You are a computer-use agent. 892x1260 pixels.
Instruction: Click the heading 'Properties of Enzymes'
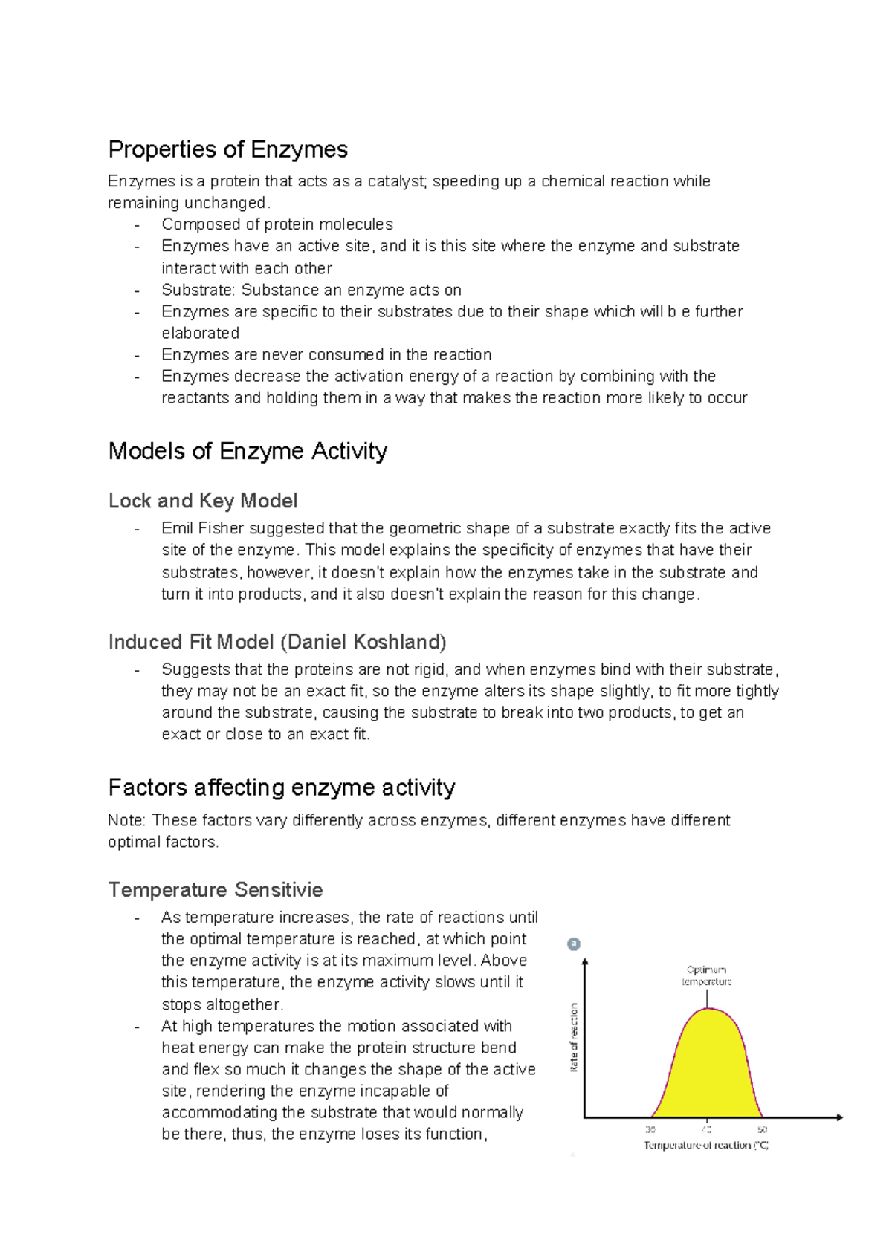click(227, 149)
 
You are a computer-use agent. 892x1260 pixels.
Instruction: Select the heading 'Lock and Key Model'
click(203, 501)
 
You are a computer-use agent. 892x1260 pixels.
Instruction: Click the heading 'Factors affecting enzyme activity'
click(281, 787)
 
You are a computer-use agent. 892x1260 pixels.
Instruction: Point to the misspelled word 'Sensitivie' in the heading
click(279, 889)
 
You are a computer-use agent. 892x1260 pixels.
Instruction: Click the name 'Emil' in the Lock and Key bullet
click(177, 528)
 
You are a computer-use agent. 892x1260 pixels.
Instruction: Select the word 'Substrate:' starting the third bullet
click(198, 290)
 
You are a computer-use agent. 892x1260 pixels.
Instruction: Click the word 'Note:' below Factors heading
click(127, 820)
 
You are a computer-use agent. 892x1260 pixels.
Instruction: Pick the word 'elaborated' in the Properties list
click(200, 333)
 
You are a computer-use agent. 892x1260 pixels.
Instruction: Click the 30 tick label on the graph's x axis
click(650, 1129)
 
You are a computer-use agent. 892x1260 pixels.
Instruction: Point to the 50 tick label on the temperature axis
click(762, 1129)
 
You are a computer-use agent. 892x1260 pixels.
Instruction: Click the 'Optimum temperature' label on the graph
click(706, 975)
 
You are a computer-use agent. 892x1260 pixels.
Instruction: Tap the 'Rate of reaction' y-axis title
click(574, 1037)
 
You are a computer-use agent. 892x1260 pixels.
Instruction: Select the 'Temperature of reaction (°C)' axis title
click(705, 1146)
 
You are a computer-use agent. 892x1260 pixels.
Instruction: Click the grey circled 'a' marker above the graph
click(573, 944)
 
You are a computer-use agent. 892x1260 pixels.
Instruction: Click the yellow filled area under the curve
click(708, 1070)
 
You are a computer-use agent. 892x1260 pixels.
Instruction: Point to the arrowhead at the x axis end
click(839, 1117)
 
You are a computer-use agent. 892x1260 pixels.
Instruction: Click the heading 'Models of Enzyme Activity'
click(248, 451)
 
